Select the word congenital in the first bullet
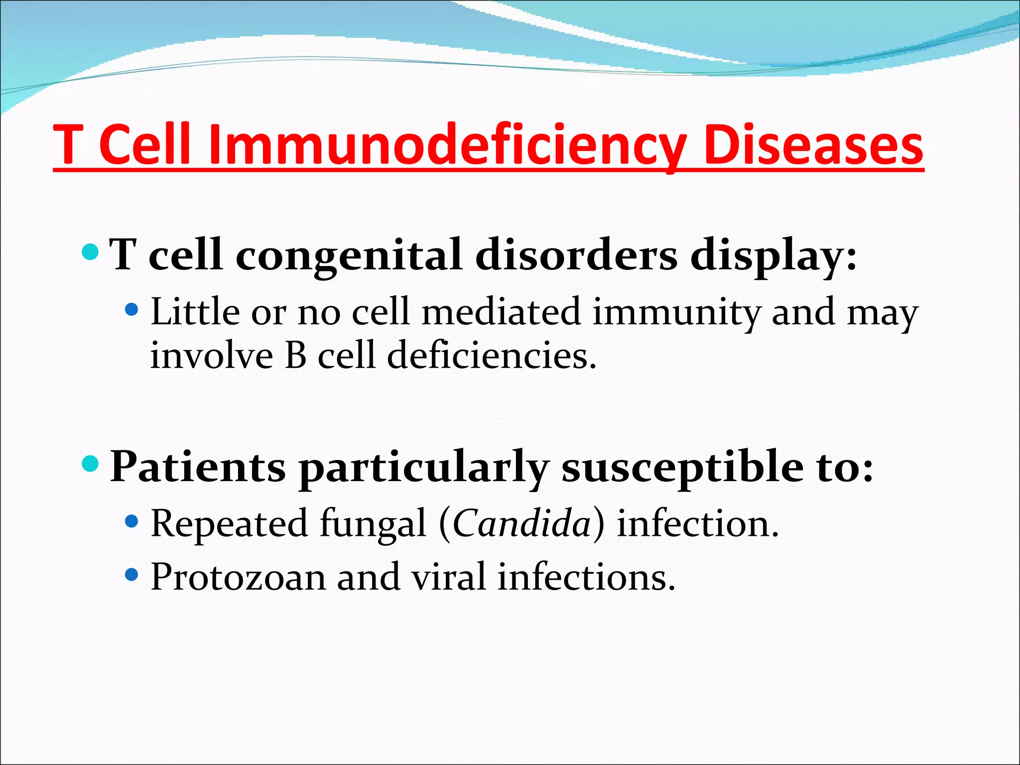tap(348, 255)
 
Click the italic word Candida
tap(521, 524)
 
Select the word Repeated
tap(229, 524)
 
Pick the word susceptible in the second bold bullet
tap(682, 467)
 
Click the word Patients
tap(198, 466)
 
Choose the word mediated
tap(501, 312)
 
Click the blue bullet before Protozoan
tap(131, 575)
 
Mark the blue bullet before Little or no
tap(131, 310)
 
